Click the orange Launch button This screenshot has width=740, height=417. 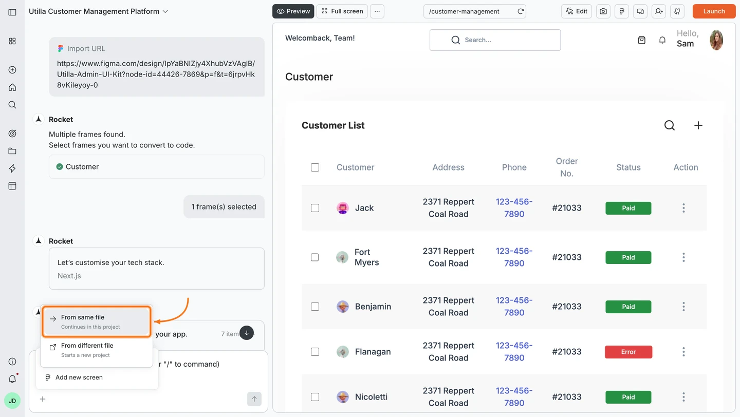pos(714,11)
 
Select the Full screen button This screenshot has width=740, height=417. pos(342,11)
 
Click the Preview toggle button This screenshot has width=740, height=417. pos(293,11)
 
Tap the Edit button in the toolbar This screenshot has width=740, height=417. pos(577,11)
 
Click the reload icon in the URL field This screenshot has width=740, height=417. pos(521,11)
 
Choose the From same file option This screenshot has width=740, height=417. pos(97,322)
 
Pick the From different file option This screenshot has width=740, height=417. pos(97,350)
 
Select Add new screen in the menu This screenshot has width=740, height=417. pos(79,377)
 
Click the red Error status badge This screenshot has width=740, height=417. pos(628,352)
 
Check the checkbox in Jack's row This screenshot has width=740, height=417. pos(315,208)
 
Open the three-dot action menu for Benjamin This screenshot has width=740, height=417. pos(683,307)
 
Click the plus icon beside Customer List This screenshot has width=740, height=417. pos(698,125)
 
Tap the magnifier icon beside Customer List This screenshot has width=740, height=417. pos(669,125)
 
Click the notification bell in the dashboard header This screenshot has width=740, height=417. pos(662,40)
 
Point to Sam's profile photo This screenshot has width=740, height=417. pos(716,40)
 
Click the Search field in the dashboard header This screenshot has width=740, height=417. pos(495,40)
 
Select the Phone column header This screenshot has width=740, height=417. pos(514,167)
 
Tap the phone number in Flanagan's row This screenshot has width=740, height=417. pos(514,352)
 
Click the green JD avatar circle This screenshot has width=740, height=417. pos(12,401)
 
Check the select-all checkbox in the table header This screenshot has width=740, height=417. pos(315,167)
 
